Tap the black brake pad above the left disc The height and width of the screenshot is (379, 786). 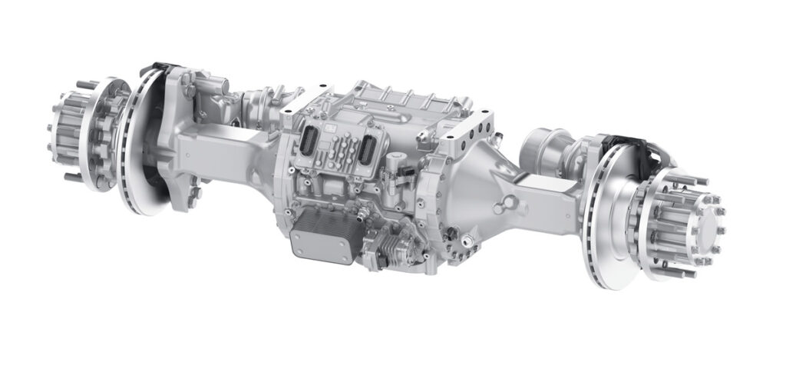pos(157,71)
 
